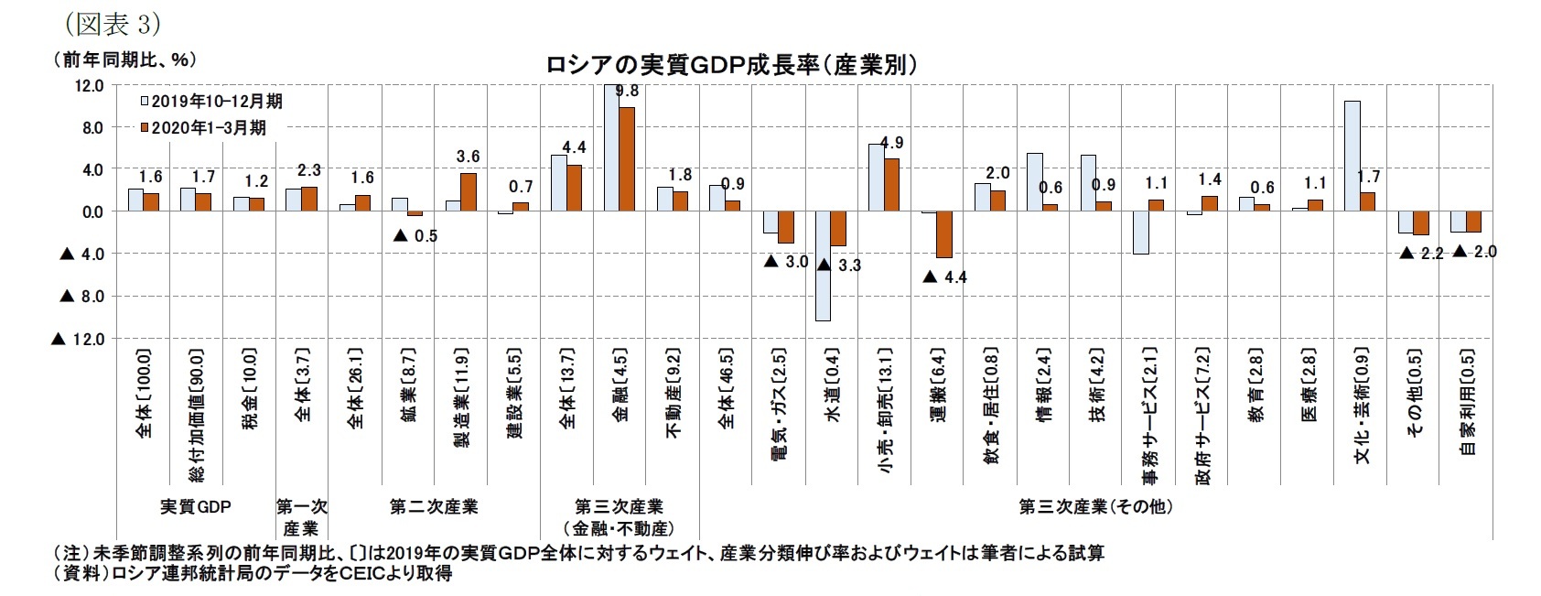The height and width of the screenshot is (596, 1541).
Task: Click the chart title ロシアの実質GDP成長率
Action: tap(731, 66)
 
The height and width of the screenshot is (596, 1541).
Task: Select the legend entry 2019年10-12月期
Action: tap(210, 102)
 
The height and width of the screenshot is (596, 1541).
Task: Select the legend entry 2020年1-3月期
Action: tap(203, 128)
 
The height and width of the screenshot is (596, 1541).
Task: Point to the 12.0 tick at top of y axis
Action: tap(89, 86)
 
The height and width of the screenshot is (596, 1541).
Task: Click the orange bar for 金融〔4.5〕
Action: tap(627, 158)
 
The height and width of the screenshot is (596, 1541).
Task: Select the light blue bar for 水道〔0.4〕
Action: tap(823, 265)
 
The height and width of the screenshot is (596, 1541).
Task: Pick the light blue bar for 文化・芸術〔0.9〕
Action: tap(1352, 156)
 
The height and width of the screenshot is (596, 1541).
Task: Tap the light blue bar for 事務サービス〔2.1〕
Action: tap(1140, 233)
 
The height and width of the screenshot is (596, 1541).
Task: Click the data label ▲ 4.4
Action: tap(945, 276)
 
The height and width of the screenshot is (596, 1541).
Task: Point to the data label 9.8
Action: tap(628, 91)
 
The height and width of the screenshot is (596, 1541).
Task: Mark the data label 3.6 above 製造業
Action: tap(469, 157)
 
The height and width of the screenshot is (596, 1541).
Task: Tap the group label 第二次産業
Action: tap(434, 506)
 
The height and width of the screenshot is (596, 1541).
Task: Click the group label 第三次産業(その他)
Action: tap(1094, 506)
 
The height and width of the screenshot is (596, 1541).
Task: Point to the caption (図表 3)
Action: tap(102, 23)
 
